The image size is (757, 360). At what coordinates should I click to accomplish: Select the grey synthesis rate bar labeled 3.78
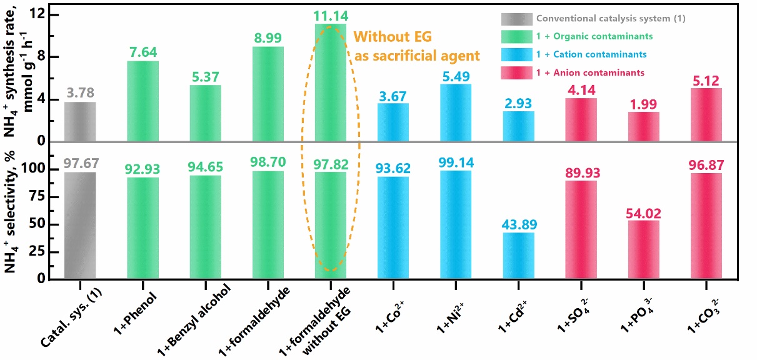click(80, 121)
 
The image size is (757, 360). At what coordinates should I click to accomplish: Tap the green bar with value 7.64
click(143, 101)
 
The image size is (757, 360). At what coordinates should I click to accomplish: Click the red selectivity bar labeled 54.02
click(644, 249)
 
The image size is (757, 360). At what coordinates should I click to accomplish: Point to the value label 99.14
click(456, 162)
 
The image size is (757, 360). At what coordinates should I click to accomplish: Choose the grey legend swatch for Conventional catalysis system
click(516, 19)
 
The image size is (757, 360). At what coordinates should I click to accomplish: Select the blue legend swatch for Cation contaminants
click(516, 55)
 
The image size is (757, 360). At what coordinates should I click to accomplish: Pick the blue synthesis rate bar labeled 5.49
click(456, 112)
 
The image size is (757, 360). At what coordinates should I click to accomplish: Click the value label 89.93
click(581, 172)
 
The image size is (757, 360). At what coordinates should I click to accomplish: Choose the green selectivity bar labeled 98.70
click(268, 225)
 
